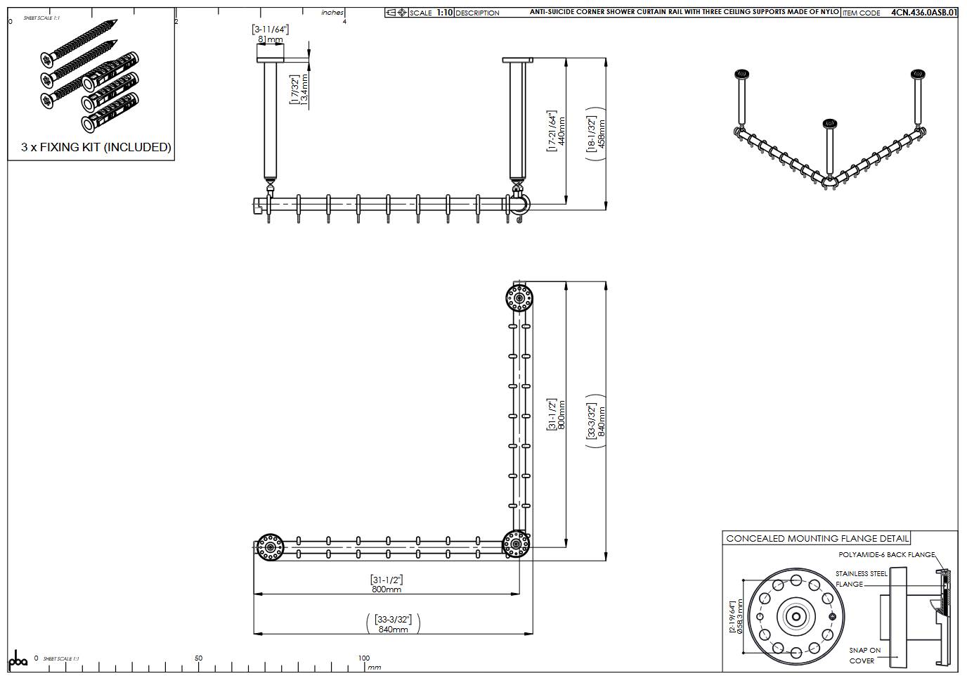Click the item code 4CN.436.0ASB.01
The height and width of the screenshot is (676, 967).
(x=923, y=13)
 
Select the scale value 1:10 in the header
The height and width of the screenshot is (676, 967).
(x=444, y=13)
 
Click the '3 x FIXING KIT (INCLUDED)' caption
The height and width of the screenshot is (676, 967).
(x=96, y=147)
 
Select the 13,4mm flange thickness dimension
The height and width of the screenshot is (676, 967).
(x=299, y=89)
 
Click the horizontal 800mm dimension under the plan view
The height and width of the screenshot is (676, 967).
(x=387, y=585)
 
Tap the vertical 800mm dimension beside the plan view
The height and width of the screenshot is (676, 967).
(x=557, y=415)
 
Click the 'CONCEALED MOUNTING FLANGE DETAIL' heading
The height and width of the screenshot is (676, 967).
(x=817, y=538)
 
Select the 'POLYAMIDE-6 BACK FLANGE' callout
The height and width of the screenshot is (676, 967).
(x=886, y=555)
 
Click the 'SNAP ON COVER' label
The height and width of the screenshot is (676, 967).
(x=864, y=655)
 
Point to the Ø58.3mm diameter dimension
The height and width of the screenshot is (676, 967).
(x=736, y=616)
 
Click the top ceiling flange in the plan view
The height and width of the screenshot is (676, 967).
(x=519, y=298)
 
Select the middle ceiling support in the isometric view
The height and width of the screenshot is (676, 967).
(x=829, y=148)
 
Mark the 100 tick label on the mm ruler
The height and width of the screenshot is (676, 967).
(x=363, y=658)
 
